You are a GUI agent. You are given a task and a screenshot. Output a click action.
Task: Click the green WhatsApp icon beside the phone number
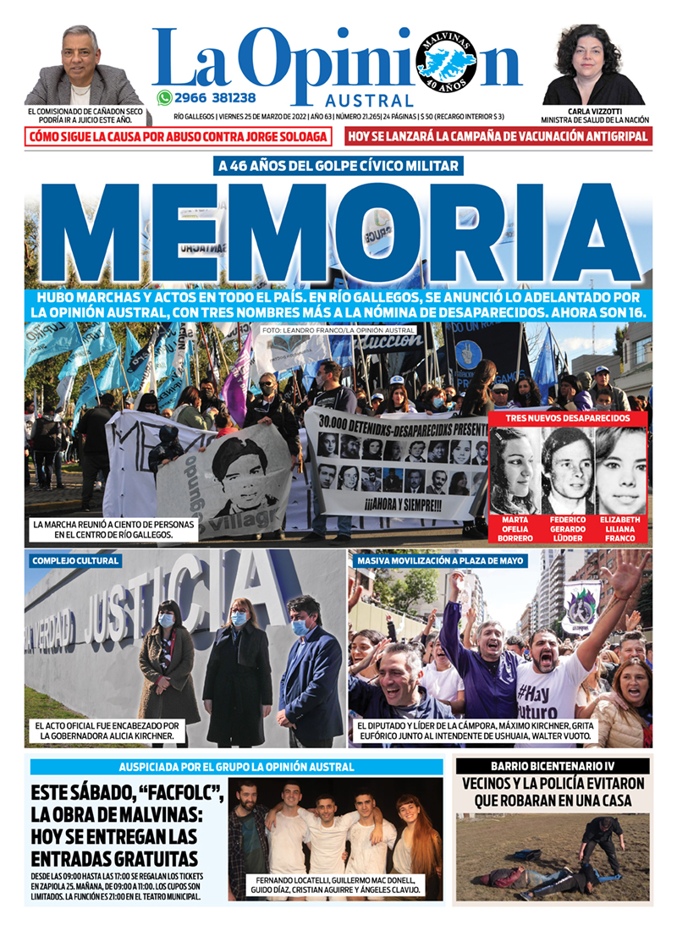[164, 97]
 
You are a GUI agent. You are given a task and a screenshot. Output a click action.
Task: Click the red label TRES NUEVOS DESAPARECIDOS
[568, 419]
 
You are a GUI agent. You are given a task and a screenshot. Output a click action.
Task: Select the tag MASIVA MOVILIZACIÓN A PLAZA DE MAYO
[441, 560]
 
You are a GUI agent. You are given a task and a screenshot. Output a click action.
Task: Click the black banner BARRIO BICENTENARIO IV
[553, 766]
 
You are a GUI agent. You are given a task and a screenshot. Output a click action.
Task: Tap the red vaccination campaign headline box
[499, 136]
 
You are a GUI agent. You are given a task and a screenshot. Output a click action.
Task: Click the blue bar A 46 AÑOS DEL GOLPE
[338, 166]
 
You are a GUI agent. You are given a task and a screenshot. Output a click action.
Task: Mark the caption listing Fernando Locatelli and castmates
[335, 884]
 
